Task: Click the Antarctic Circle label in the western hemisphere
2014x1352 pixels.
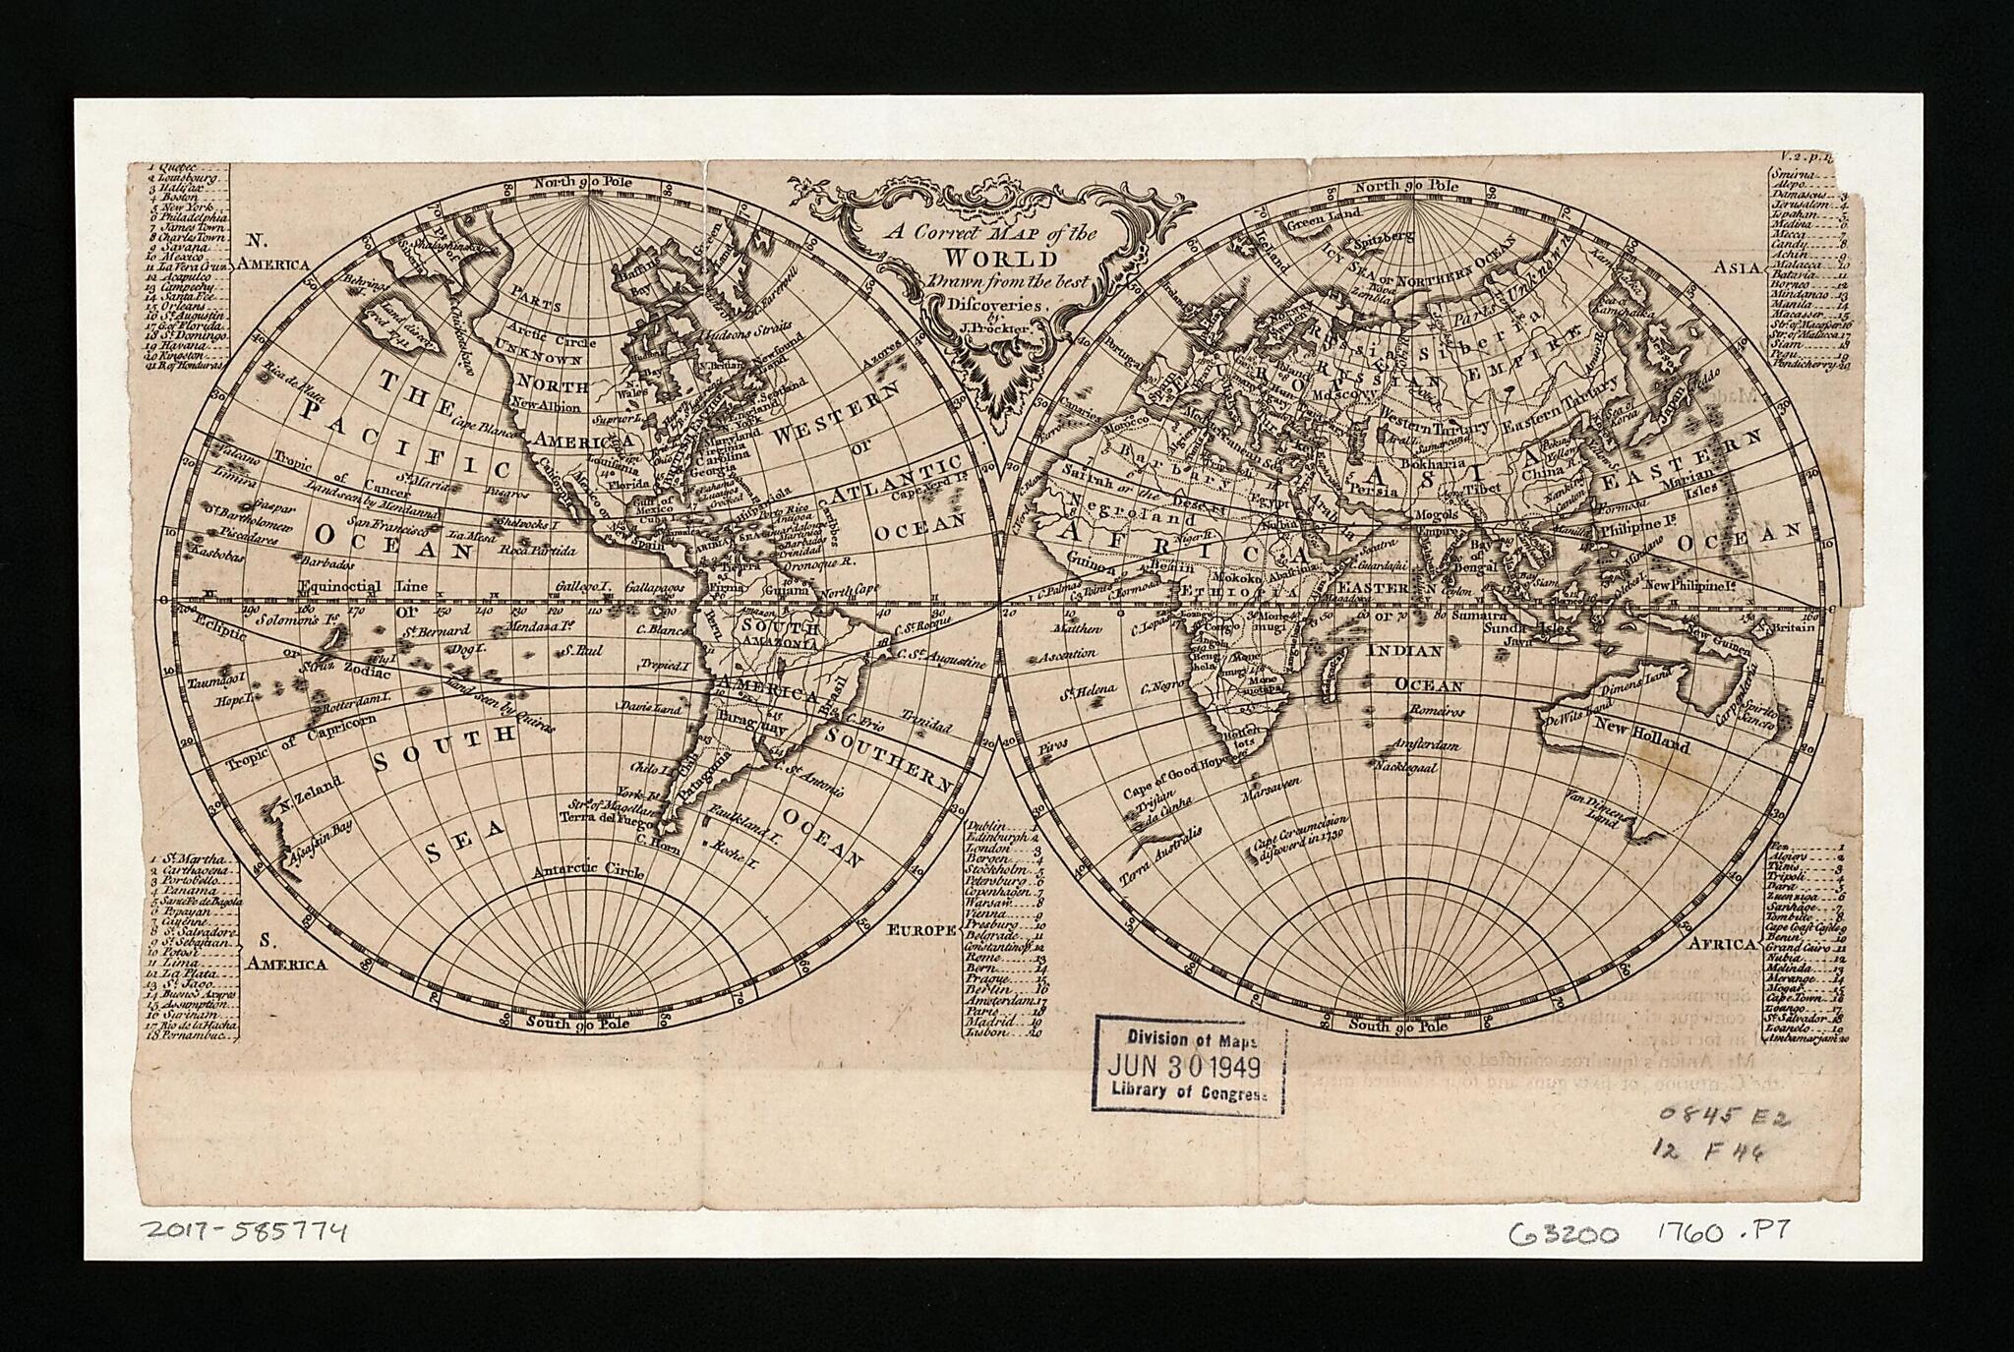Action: click(588, 871)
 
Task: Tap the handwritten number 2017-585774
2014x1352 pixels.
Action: click(244, 1229)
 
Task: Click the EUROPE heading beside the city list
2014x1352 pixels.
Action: click(921, 928)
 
